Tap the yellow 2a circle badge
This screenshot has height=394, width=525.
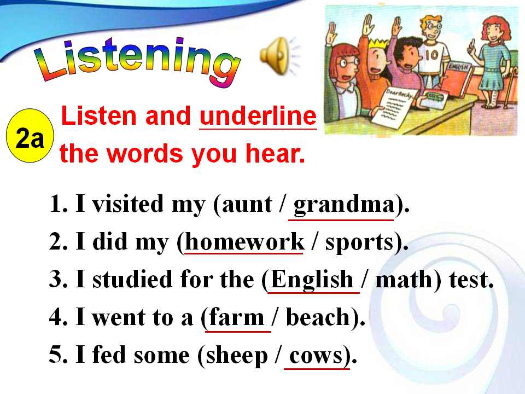click(30, 136)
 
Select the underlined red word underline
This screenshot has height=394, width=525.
click(258, 116)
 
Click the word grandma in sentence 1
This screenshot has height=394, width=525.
click(344, 204)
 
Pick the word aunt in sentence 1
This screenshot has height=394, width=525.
click(247, 204)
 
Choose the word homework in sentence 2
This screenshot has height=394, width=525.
click(244, 241)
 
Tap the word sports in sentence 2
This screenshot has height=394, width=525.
click(359, 242)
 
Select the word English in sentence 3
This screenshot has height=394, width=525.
click(312, 279)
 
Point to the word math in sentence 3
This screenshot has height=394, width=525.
click(404, 279)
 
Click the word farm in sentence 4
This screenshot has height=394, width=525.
click(237, 317)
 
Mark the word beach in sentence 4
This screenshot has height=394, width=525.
click(318, 317)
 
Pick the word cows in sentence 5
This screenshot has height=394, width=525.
click(316, 356)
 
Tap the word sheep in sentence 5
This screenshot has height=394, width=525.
click(237, 356)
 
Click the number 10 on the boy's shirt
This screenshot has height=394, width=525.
click(431, 55)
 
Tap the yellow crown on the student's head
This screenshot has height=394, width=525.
click(378, 44)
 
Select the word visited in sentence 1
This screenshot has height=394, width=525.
click(128, 204)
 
